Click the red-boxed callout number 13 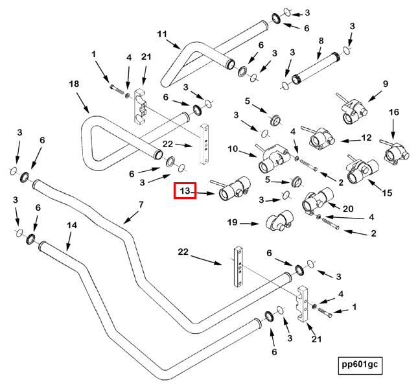click(185, 191)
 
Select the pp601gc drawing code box click(360, 366)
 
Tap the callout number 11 click(162, 34)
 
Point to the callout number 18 click(74, 84)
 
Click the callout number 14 click(72, 225)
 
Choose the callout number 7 click(141, 204)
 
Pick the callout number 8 click(321, 41)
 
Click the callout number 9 click(386, 84)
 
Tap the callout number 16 click(394, 112)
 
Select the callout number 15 click(387, 193)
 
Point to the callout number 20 click(348, 209)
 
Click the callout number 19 click(232, 222)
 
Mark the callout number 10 click(233, 148)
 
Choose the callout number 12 click(366, 137)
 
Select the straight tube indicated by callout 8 click(316, 68)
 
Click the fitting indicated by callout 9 click(353, 109)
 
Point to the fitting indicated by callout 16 click(395, 152)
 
